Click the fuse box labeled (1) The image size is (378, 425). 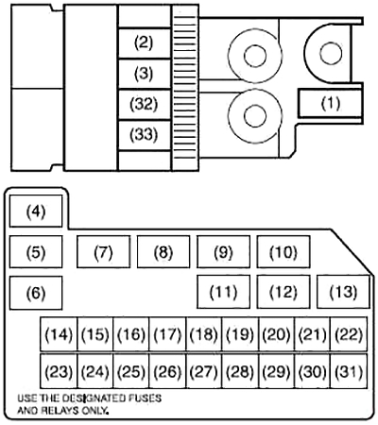coord(331,103)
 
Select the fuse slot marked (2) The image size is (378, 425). coord(145,43)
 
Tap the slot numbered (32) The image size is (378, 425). coord(145,105)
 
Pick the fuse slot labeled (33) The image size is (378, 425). coord(145,135)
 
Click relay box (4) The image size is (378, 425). coord(36,211)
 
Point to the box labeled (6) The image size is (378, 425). coord(36,293)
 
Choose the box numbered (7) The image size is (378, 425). coord(103,252)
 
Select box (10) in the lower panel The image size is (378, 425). coord(283,252)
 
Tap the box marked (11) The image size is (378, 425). coord(223,292)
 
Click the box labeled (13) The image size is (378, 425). coord(343,292)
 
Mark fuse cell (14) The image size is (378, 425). coord(59,334)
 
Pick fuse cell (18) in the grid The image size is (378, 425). coord(204,334)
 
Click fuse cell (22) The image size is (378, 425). coord(349,334)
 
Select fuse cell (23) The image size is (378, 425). coord(59,371)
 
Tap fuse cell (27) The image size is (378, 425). coord(204,371)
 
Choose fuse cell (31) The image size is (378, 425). coord(349,371)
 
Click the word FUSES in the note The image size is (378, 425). coord(145,399)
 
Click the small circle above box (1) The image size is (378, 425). coord(331,53)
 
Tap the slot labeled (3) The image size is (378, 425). coord(145,74)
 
